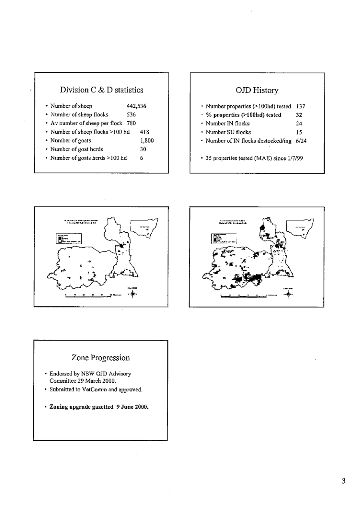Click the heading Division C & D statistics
pos(102,90)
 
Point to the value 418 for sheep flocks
pos(145,132)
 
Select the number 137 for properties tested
pos(301,106)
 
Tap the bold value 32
pos(299,115)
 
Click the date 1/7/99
pos(296,158)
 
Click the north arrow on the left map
pos(133,295)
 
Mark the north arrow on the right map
pos(288,294)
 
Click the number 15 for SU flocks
pos(299,132)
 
